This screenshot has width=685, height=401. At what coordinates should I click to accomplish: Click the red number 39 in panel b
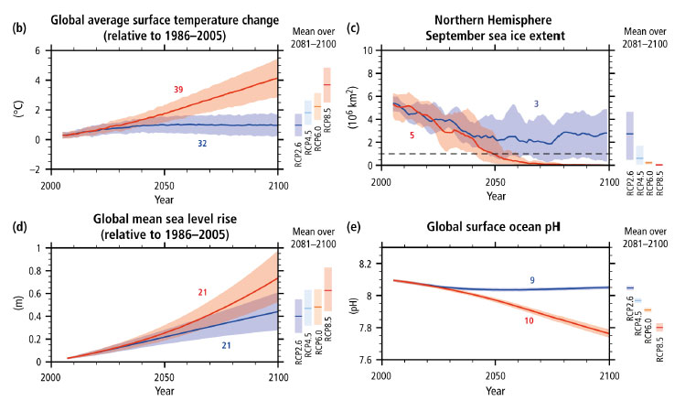(x=178, y=89)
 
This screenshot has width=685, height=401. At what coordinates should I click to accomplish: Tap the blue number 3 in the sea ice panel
(x=536, y=104)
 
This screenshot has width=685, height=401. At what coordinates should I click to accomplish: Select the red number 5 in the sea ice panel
(x=413, y=135)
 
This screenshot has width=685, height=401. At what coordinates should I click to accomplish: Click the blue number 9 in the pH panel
(x=532, y=278)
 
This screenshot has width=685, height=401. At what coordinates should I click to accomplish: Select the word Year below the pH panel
(x=495, y=391)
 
